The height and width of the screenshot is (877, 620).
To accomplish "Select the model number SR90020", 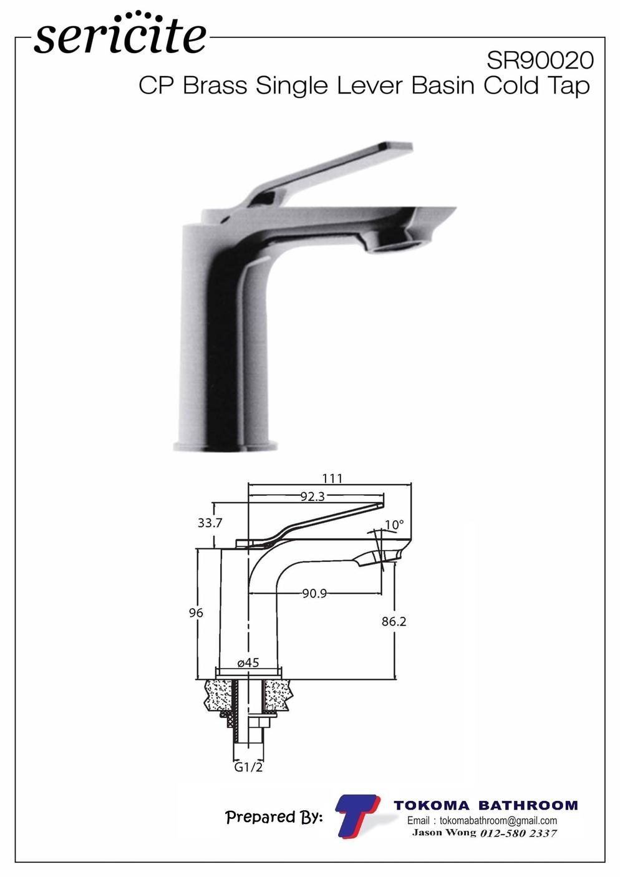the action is click(540, 61).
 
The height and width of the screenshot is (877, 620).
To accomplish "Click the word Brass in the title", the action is click(215, 85).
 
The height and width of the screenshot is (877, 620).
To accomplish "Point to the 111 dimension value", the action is click(332, 478).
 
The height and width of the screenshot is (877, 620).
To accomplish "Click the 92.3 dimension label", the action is click(312, 497).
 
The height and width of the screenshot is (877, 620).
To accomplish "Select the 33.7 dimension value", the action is click(210, 523).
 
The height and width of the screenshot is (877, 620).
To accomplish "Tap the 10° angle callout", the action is click(394, 525).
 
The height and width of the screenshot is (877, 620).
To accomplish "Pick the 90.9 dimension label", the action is click(314, 594).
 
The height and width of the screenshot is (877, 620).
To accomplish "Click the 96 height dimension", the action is click(196, 613).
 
